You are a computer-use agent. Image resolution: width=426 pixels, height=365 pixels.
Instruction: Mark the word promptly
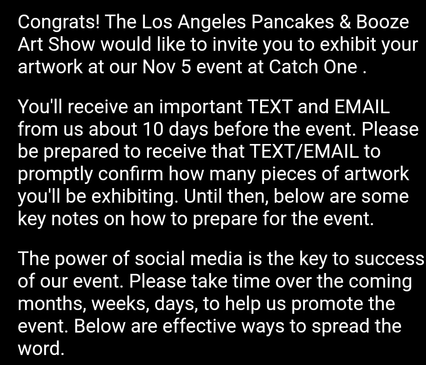[55, 175]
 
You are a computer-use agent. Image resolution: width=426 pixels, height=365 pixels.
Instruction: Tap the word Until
[203, 196]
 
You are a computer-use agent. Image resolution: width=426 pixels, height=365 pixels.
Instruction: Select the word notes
[75, 219]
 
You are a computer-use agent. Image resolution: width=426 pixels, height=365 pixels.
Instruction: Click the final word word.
[41, 348]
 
